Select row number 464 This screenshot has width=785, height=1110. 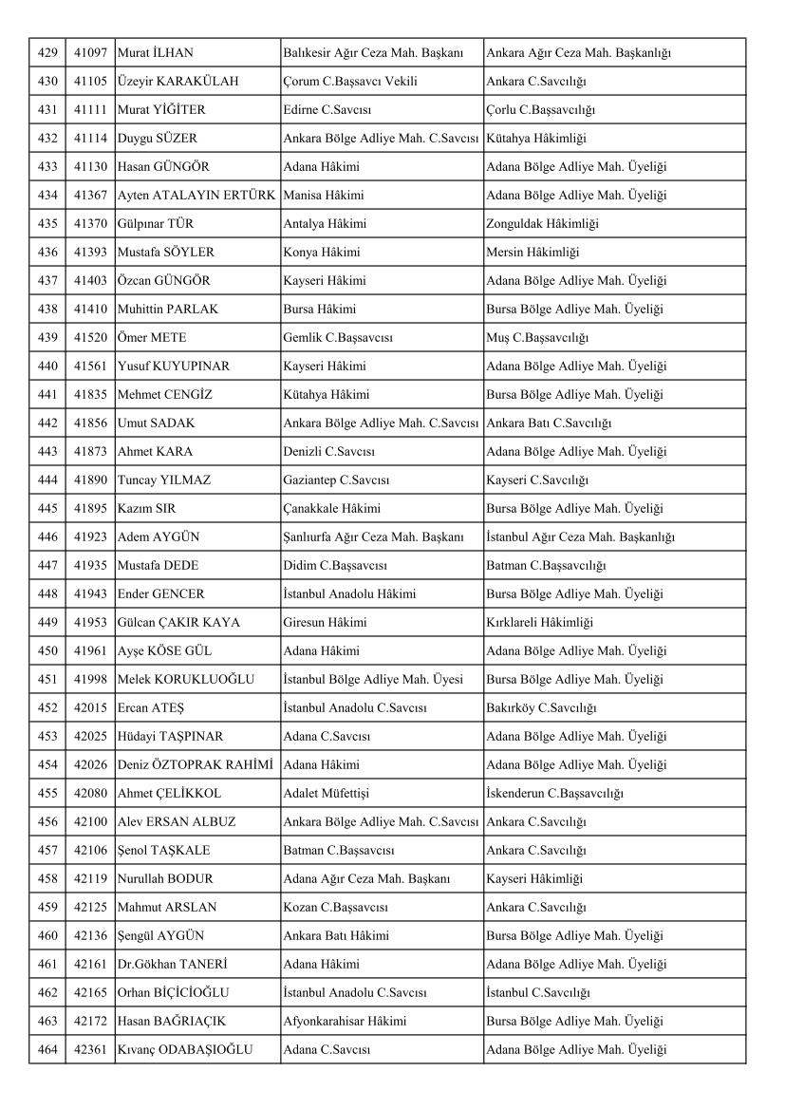(47, 1049)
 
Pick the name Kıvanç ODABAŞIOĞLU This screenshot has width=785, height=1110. (185, 1049)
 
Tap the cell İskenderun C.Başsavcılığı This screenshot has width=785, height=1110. (554, 793)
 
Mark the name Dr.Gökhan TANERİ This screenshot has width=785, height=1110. (171, 964)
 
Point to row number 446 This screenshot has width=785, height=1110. (47, 536)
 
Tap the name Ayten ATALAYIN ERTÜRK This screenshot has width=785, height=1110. (196, 196)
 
